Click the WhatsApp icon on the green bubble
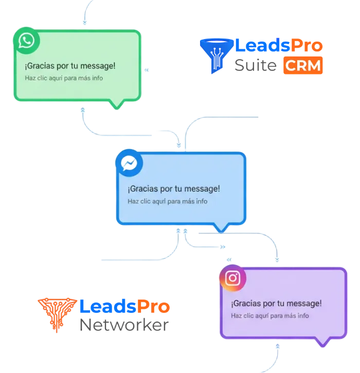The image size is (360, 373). coord(26,41)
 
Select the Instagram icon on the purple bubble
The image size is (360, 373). coord(232,278)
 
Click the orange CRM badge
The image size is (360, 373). coord(303,66)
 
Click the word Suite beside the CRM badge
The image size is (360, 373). coord(256,66)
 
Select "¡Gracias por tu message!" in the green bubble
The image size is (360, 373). coord(70,66)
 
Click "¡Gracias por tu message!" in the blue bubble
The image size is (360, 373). coord(174,189)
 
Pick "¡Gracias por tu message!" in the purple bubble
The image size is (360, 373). coord(276,304)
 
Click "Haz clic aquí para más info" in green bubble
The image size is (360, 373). coord(64,78)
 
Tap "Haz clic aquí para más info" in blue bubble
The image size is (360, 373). coord(168,201)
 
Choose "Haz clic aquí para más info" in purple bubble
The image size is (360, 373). coord(270,315)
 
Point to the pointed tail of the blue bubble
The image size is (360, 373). coord(221,228)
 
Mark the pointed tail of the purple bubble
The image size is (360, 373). coord(323,343)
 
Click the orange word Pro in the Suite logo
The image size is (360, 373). coord(308,46)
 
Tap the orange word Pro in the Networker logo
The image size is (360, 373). coord(153,307)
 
